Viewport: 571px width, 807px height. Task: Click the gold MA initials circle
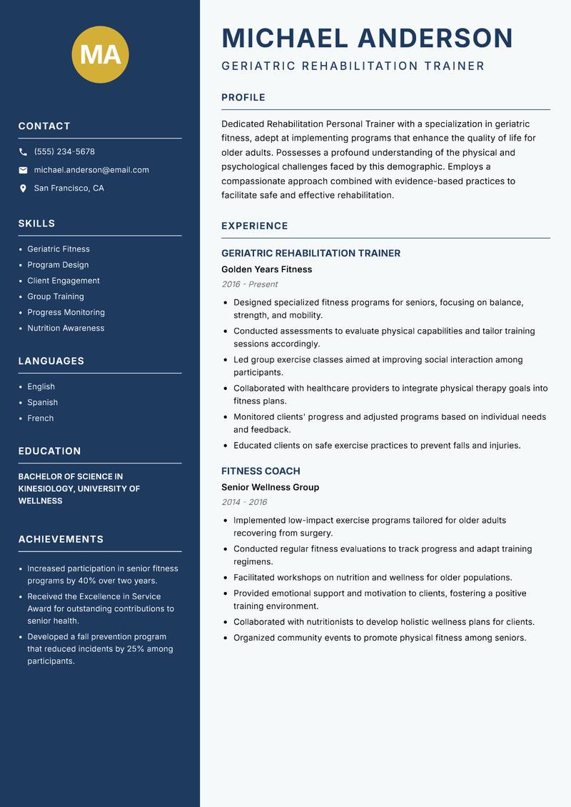click(x=100, y=54)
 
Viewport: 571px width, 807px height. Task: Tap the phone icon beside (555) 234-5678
click(x=23, y=152)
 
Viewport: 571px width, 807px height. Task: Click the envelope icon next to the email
click(x=23, y=170)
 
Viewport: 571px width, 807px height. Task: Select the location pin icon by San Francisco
click(x=23, y=189)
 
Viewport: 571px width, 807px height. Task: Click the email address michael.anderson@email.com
click(x=91, y=170)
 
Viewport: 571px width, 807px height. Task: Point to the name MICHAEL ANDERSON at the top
click(x=367, y=38)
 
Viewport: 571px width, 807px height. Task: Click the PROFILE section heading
click(x=243, y=98)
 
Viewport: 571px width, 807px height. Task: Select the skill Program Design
click(x=58, y=265)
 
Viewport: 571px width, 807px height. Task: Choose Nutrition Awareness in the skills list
click(x=66, y=329)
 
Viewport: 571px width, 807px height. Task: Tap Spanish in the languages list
click(x=42, y=403)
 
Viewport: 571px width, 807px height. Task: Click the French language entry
click(x=40, y=418)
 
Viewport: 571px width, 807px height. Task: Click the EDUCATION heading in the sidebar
click(x=49, y=451)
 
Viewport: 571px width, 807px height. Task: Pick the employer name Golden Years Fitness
click(x=266, y=270)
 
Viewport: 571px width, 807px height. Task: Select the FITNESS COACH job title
click(x=261, y=471)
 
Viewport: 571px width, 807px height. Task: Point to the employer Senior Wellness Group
click(x=270, y=488)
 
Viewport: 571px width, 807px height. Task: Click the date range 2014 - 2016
click(x=244, y=502)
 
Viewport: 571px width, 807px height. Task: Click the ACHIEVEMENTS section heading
click(x=61, y=540)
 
